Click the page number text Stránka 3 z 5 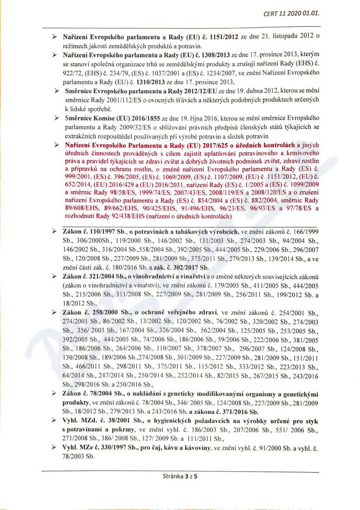click(x=180, y=476)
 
